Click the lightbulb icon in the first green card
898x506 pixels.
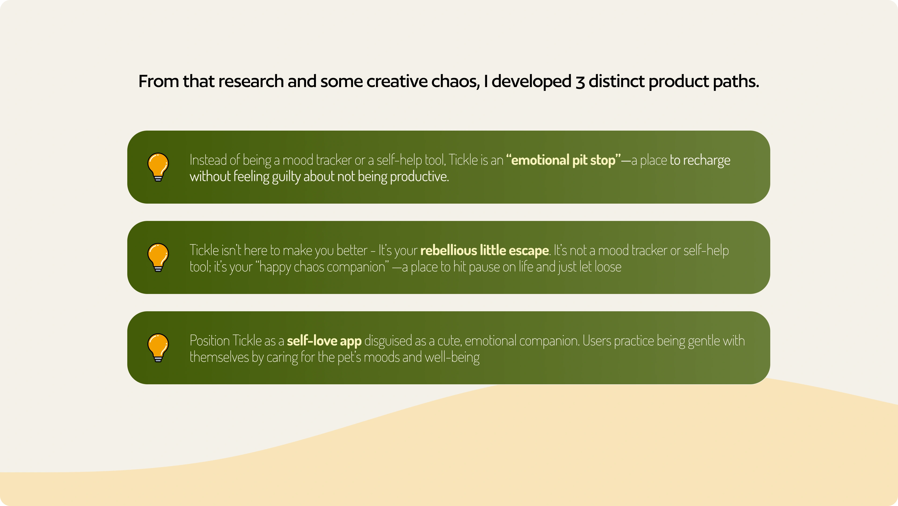click(x=158, y=167)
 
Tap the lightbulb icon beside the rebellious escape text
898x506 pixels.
click(x=158, y=257)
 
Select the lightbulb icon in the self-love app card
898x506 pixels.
click(x=158, y=348)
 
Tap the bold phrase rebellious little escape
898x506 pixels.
click(x=485, y=250)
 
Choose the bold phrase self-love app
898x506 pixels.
click(x=324, y=341)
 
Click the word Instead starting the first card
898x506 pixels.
click(x=208, y=160)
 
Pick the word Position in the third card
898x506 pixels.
click(x=209, y=341)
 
